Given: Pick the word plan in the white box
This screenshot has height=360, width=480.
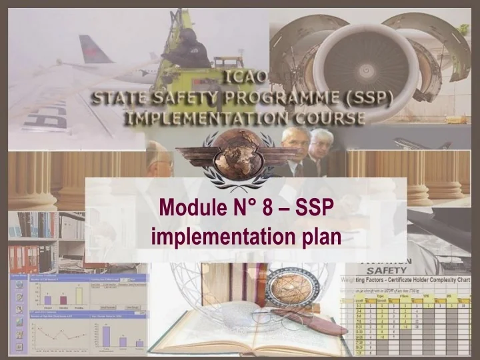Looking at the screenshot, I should click(x=320, y=235).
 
